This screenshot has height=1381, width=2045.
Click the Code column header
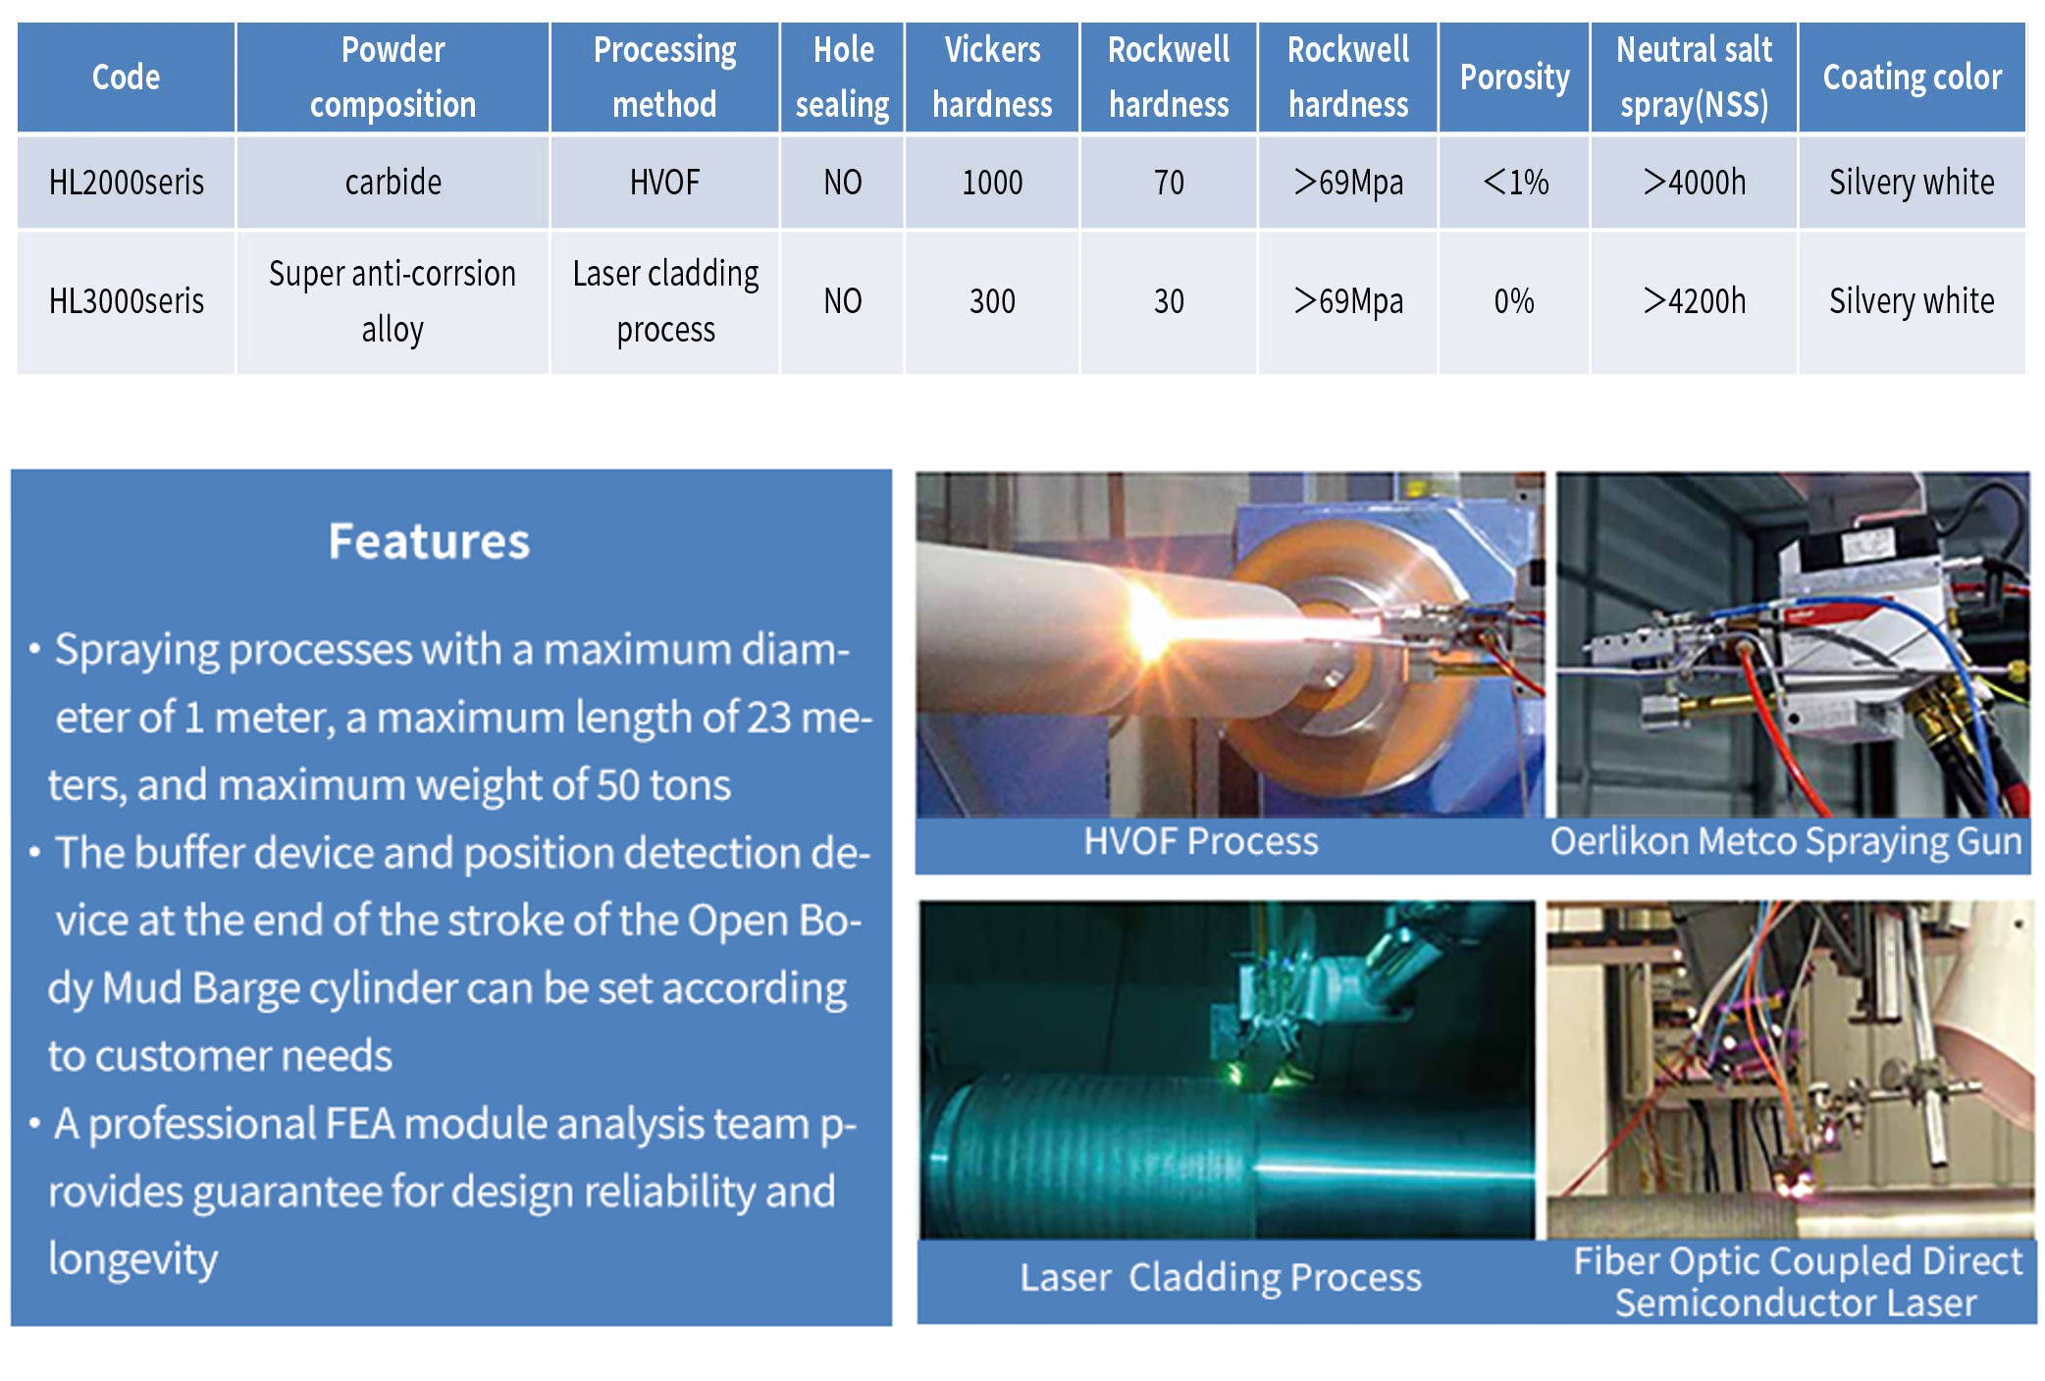point(126,77)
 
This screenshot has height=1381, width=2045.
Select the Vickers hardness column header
point(992,77)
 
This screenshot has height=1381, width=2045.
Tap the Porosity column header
point(1514,77)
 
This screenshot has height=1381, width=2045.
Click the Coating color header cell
point(1912,77)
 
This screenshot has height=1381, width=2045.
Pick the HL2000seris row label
point(127,183)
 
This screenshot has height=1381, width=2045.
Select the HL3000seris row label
point(127,301)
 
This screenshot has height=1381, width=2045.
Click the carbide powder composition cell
point(393,183)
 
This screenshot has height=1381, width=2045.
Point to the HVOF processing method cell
point(664,183)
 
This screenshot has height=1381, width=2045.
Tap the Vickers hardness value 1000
point(992,183)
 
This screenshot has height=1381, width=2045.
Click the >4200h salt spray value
point(1695,301)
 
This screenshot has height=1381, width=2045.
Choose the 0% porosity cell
point(1514,301)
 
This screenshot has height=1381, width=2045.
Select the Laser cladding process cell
point(665,301)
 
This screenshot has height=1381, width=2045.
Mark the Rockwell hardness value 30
point(1169,301)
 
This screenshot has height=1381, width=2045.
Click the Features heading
point(429,542)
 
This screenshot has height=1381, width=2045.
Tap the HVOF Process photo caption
point(1201,842)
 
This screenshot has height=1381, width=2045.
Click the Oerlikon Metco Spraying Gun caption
point(1786,842)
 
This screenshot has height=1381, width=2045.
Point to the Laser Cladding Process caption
point(1221,1278)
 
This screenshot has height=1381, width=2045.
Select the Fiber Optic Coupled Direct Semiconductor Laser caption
point(1798,1282)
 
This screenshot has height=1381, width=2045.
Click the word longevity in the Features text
point(133,1260)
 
